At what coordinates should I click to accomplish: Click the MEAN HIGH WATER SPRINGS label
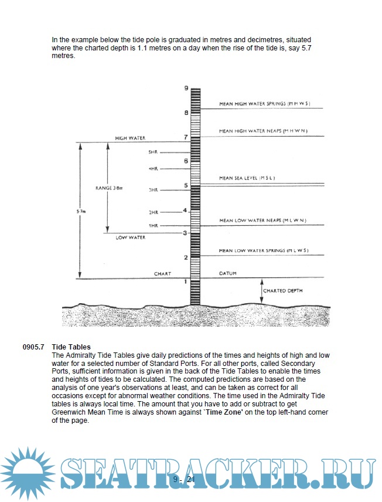tap(260, 104)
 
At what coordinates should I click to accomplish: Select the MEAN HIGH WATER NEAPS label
tap(263, 131)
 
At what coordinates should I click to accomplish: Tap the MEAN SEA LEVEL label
tap(247, 178)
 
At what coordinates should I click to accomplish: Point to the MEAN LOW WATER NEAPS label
tap(262, 221)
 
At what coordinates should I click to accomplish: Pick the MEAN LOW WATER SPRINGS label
tap(263, 250)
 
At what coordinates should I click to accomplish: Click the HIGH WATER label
tap(129, 138)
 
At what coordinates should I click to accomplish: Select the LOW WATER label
tap(130, 238)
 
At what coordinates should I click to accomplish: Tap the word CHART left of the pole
tap(162, 274)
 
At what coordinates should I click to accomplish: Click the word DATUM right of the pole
tap(228, 274)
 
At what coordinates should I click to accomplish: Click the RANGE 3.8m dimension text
tap(109, 188)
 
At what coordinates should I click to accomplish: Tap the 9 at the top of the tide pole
tap(186, 88)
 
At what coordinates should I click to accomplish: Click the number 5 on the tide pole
tap(186, 186)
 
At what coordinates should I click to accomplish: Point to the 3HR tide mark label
tap(154, 190)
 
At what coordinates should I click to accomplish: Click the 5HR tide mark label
tap(154, 152)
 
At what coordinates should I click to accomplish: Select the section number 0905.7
tap(34, 347)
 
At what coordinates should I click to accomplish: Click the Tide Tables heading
tap(71, 347)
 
